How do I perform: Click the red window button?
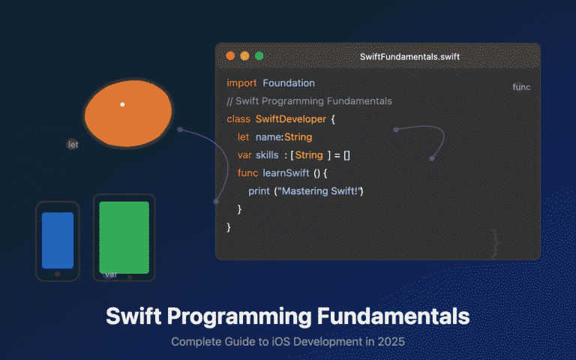230,55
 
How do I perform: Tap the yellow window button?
244,55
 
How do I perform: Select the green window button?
259,55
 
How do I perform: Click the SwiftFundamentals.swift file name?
409,56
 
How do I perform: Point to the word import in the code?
241,82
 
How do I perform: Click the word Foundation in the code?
289,82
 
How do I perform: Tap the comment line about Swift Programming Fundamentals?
309,100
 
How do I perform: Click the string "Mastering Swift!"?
321,191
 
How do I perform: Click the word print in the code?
259,191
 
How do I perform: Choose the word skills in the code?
267,155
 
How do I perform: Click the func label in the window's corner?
521,87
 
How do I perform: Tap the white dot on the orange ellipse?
122,104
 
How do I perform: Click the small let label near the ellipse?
73,145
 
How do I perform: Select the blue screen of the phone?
58,240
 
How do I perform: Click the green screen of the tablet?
124,236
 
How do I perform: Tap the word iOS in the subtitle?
279,342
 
